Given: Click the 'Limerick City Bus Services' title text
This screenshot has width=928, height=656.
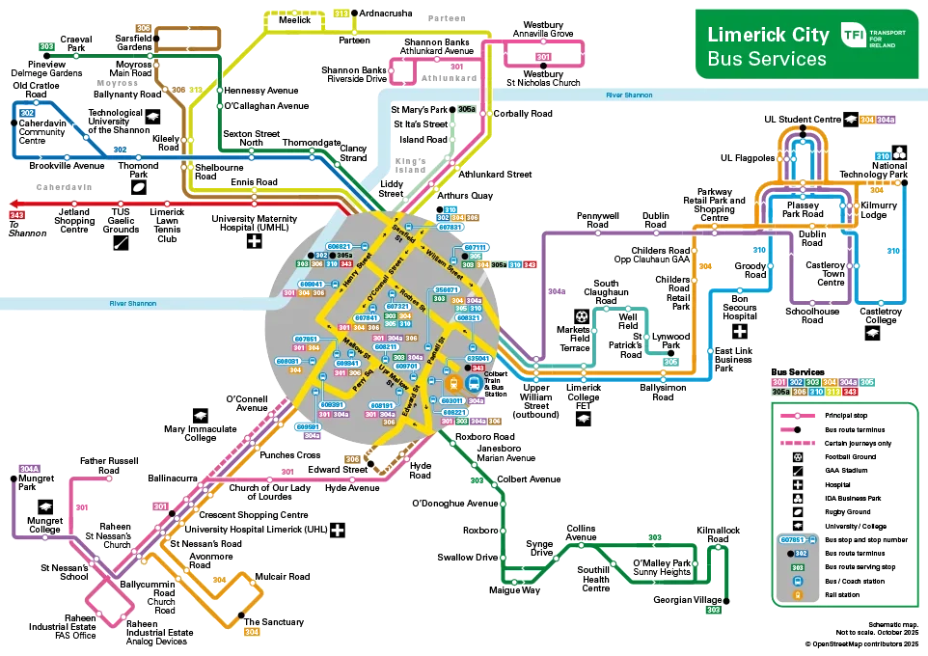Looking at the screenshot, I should point(767,46).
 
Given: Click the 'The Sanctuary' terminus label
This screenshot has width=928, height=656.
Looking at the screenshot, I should point(274,622).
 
